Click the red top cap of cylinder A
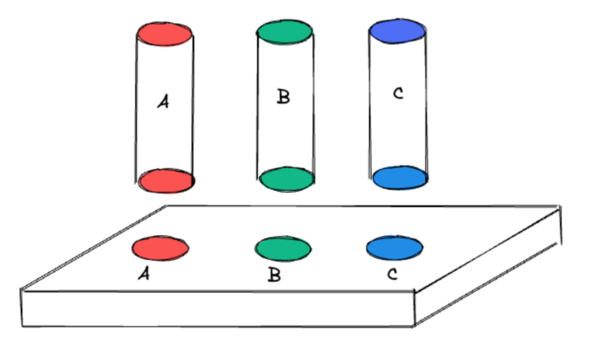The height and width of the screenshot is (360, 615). point(165,34)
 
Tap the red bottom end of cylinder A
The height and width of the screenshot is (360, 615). point(165,181)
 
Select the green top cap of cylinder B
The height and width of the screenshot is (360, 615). point(285,32)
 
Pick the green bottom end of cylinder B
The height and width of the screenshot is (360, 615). point(287,179)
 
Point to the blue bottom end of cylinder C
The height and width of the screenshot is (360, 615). point(399,178)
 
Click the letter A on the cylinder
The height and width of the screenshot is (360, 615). point(162,102)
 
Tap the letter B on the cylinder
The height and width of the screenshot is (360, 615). point(283,97)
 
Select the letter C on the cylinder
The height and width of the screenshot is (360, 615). point(397,93)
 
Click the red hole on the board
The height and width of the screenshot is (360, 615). point(161,248)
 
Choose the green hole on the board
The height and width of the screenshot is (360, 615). point(283,248)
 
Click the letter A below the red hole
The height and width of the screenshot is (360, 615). point(144,275)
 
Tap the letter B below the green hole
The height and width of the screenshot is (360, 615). point(274,276)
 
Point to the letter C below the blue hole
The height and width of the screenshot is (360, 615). point(393,275)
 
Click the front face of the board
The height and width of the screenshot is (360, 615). point(218,309)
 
